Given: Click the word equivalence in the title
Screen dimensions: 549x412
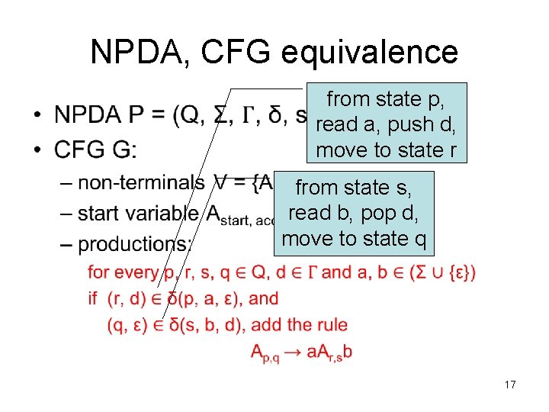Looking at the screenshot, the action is [x=370, y=52].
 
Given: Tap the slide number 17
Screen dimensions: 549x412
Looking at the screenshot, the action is [x=510, y=385].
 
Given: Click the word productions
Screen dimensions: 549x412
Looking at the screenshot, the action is [x=135, y=244].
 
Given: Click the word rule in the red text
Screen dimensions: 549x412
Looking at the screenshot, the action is [x=332, y=325].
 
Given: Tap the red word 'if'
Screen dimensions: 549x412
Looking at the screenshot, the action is [x=93, y=298].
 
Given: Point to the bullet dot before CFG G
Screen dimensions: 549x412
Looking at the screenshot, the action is [x=37, y=151].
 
